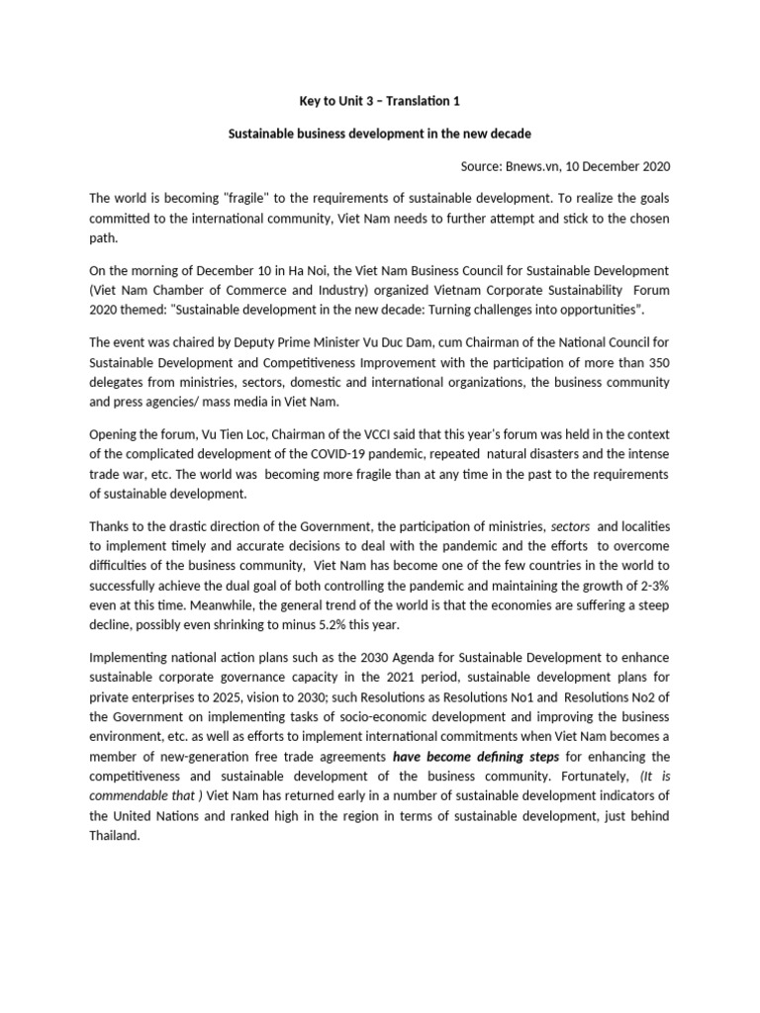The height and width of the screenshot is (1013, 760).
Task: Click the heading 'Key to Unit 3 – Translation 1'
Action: click(379, 100)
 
